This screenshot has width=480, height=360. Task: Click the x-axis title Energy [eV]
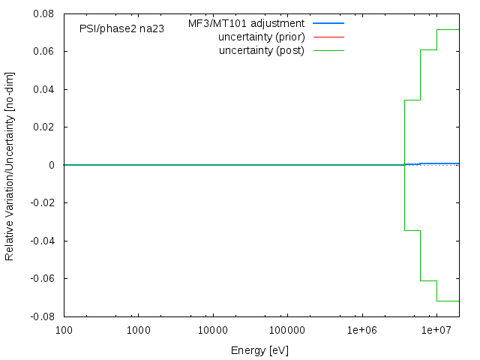point(260,350)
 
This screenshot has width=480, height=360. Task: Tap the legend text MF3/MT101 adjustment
point(246,23)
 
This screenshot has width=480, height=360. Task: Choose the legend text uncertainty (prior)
point(261,37)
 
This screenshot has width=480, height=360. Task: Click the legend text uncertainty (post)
point(262,50)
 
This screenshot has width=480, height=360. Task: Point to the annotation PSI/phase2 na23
point(121,28)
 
